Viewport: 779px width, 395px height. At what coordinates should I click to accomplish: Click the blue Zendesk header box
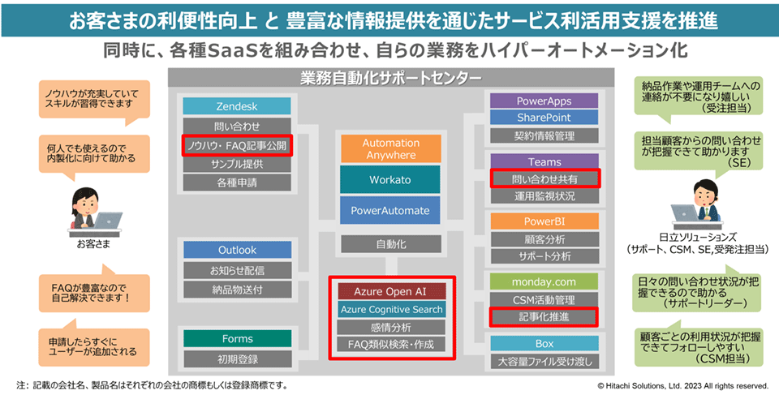236,107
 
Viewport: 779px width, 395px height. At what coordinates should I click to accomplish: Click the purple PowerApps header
544,101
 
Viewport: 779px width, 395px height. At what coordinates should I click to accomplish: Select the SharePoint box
544,118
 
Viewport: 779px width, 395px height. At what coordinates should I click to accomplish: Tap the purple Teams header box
544,161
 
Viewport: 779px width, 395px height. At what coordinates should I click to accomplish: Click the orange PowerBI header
544,222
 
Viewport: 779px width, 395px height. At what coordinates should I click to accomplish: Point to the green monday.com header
544,281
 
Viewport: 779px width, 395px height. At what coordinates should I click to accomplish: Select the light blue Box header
544,342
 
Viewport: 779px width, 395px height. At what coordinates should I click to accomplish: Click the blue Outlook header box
236,250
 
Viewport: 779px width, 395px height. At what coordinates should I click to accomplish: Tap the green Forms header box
236,338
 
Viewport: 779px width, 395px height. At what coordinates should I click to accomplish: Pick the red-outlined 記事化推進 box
544,317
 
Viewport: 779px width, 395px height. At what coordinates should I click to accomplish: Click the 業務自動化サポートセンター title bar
390,79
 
